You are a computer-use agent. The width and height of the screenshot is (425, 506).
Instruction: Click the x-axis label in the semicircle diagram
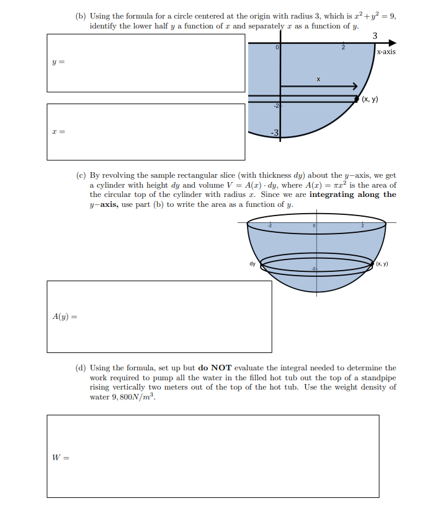coord(385,52)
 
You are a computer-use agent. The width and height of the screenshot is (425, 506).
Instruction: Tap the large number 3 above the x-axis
coord(375,35)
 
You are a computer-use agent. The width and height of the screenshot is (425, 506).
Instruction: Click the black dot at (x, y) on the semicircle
coord(356,98)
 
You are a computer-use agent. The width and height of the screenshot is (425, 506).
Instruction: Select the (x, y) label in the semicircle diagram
coord(370,99)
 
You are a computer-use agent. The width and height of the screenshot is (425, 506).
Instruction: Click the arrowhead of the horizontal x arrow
coord(356,85)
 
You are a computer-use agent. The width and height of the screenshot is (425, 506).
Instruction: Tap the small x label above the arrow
coord(318,79)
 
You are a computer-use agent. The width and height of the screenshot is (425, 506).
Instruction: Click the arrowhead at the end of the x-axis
coord(391,43)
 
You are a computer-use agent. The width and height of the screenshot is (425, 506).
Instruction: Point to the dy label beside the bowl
coord(253,264)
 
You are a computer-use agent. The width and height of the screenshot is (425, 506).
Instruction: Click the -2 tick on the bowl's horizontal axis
coord(270,225)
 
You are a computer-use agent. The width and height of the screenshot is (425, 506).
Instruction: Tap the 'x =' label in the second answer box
coord(58,132)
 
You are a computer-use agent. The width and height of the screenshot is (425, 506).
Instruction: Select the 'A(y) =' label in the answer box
coord(65,316)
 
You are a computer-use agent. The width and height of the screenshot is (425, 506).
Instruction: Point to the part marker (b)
coord(80,17)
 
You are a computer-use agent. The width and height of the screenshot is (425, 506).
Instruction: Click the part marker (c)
coord(80,176)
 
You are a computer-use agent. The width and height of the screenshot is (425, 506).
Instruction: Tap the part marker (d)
coord(80,368)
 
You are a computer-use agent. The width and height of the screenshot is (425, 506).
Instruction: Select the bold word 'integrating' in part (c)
coord(333,194)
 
